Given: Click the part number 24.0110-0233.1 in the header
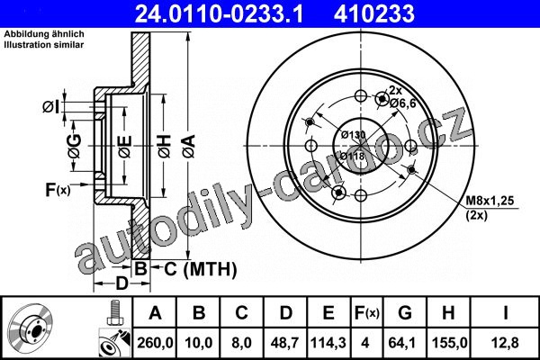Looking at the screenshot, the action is point(219,13).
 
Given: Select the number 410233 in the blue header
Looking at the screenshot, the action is point(374,13).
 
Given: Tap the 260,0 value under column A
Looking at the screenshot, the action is point(155,343).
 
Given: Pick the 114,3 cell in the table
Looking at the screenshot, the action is point(328,343).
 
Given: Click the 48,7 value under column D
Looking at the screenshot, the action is point(285,343).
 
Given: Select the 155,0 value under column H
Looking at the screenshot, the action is point(449,343).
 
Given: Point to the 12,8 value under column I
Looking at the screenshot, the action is point(505,343).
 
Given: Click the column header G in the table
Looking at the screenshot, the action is point(405,313).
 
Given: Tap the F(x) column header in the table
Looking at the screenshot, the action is point(366,313).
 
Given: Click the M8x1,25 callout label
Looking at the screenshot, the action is point(490,200).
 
